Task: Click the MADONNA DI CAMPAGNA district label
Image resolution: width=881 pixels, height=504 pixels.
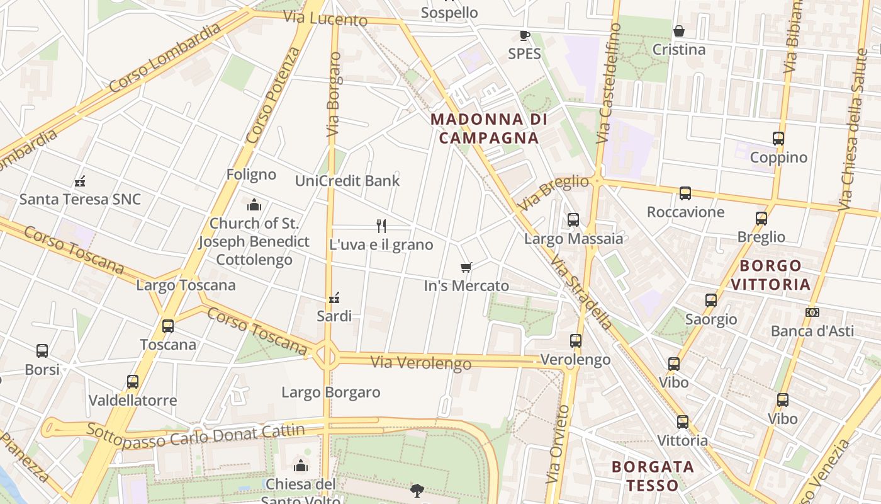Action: (489, 129)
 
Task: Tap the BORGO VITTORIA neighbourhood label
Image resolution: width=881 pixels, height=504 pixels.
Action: (770, 275)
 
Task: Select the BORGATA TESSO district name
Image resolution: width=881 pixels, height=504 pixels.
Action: (653, 476)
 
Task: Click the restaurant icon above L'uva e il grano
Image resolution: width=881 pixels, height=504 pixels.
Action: (381, 226)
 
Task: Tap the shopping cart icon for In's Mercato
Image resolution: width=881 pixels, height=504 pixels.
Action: (466, 268)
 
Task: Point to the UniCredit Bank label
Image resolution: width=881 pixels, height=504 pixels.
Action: (347, 181)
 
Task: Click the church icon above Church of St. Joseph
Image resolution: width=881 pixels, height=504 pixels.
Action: (254, 205)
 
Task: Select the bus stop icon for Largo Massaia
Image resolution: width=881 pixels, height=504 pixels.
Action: (573, 220)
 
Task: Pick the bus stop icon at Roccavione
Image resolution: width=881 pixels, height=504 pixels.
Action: (685, 193)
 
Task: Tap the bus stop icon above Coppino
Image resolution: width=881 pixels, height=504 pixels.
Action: (778, 139)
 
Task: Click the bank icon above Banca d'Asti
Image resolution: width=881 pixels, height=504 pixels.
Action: (812, 312)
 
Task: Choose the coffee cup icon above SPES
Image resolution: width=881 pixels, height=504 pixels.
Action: (524, 35)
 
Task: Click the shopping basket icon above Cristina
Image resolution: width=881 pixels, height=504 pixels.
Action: (679, 31)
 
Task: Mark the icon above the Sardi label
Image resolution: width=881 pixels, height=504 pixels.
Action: (334, 297)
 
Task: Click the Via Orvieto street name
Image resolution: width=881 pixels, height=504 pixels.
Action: (558, 444)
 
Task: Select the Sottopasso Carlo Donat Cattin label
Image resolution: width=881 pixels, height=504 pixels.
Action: (195, 435)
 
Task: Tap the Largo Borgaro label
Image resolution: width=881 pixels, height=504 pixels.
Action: (330, 392)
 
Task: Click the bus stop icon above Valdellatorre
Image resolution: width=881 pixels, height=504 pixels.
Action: (132, 382)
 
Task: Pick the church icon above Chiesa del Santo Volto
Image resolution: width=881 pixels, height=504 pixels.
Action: (300, 466)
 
